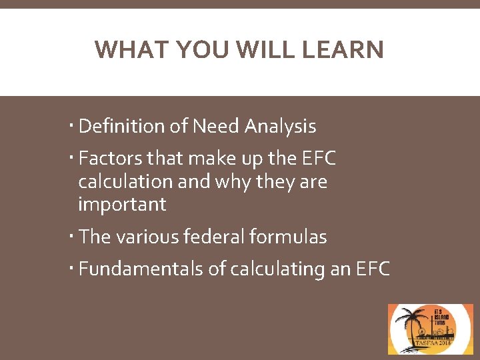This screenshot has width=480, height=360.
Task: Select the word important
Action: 122,204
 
